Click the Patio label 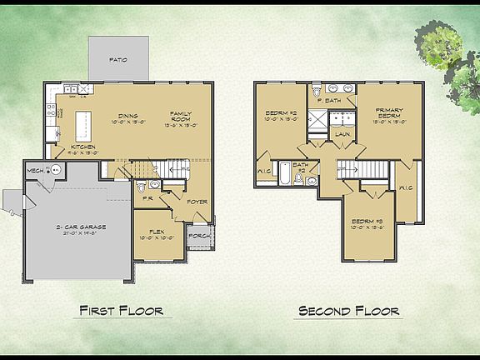(119, 61)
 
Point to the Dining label (127, 116)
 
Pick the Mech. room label (35, 170)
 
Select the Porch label (199, 235)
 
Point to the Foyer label (197, 201)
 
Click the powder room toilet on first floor (142, 186)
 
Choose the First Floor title (120, 311)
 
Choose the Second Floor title (347, 311)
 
